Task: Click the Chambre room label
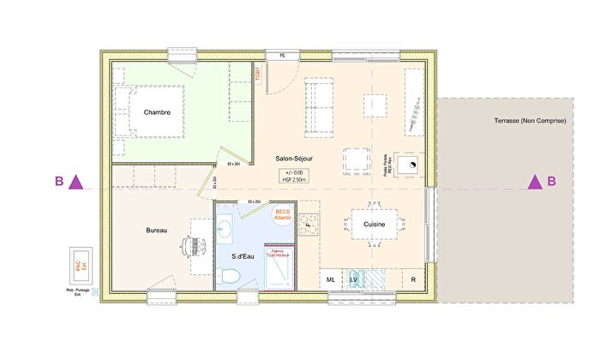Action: pos(157,112)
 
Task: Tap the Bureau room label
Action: pos(156,231)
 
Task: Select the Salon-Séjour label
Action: pos(294,159)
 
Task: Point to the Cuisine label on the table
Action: pos(373,225)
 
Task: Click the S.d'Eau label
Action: pos(246,256)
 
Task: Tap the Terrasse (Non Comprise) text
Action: pos(530,121)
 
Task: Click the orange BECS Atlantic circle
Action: pos(283,216)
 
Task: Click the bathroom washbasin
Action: pos(225,228)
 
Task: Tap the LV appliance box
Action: pos(354,279)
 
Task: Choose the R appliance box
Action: pos(412,279)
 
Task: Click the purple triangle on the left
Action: pos(76,181)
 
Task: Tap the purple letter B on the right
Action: pos(552,181)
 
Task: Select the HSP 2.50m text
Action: pos(293,180)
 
